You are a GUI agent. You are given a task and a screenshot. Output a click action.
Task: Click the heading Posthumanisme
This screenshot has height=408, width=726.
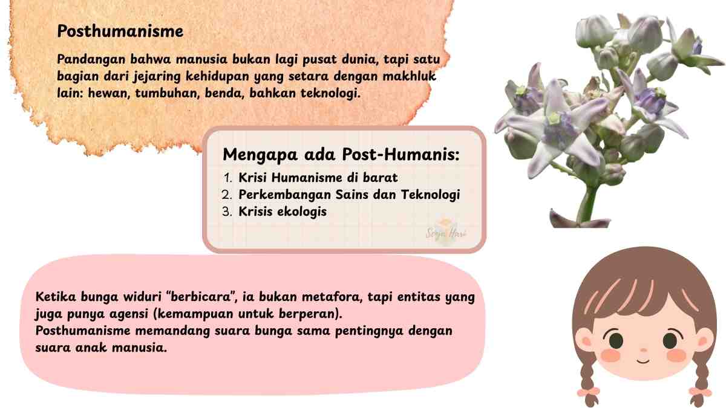coord(120,31)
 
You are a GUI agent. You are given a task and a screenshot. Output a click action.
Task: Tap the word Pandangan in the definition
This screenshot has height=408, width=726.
coord(91,60)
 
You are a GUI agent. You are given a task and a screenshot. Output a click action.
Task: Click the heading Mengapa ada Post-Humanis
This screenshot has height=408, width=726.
coord(341,155)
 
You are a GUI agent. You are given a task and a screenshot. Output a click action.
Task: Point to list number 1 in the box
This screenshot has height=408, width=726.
coord(228,178)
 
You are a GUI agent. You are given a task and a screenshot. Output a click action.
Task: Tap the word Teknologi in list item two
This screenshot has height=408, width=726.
coord(430,195)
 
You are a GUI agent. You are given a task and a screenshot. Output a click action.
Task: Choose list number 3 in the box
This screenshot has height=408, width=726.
coord(227,212)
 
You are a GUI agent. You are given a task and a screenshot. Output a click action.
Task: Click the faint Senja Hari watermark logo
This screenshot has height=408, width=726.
coord(446,231)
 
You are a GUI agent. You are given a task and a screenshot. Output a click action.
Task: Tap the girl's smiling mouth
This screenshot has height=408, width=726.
coord(643,361)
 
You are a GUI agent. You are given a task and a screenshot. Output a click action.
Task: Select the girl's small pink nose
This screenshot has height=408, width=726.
coord(643,350)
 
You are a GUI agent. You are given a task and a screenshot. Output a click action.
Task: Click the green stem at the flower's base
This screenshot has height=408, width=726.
coord(587,204)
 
